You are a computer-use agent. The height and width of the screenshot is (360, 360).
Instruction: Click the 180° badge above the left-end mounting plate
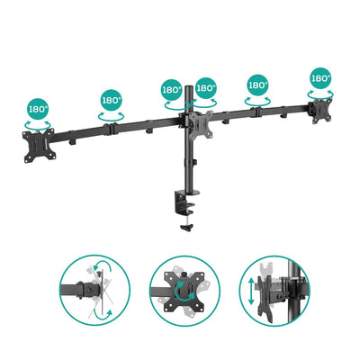click(x=39, y=110)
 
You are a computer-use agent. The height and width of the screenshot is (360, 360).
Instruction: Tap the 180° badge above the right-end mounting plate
click(x=321, y=77)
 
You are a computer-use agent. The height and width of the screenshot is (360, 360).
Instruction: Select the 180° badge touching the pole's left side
click(x=172, y=89)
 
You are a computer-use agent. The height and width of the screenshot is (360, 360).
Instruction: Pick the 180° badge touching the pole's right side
click(x=205, y=88)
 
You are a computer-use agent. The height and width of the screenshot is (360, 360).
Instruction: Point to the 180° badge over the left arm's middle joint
click(x=112, y=101)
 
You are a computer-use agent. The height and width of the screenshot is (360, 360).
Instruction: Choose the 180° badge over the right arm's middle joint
click(x=257, y=85)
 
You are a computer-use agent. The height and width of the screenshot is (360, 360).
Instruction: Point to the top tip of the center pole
click(x=188, y=84)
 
